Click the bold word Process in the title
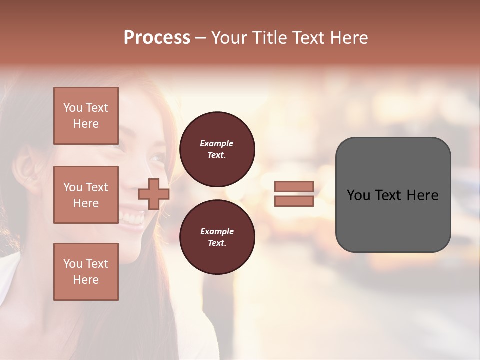tap(157, 38)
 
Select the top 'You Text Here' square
tap(86, 116)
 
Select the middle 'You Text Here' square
tap(86, 195)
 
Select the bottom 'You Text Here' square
tap(86, 271)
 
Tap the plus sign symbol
tap(154, 194)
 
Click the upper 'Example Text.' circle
tap(217, 149)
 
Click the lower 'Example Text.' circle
tap(217, 237)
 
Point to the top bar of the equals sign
tap(294, 187)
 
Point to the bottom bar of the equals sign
tap(294, 201)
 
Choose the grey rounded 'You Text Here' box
tap(393, 195)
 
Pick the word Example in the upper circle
tap(217, 144)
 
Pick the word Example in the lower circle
tap(217, 232)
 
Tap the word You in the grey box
tap(358, 195)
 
